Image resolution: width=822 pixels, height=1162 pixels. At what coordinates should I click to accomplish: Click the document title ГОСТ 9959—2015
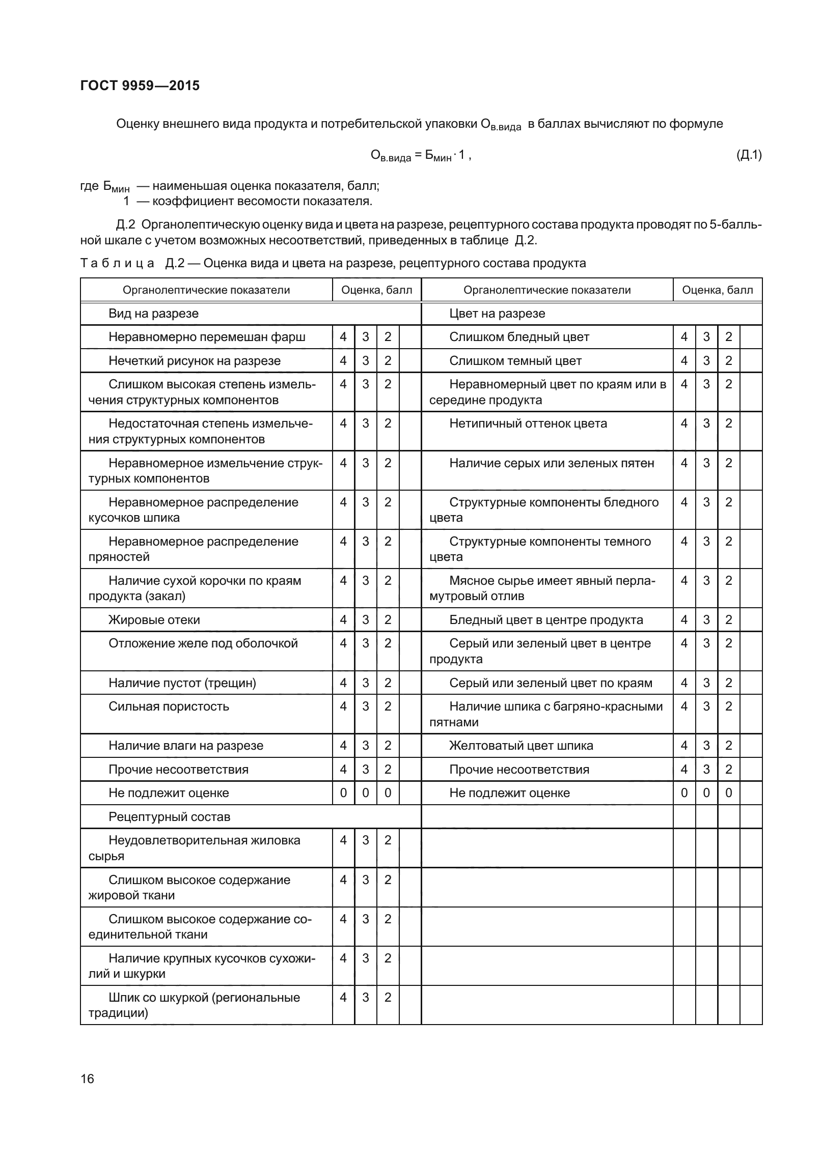140,86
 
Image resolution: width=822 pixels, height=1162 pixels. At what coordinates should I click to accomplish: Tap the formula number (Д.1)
749,155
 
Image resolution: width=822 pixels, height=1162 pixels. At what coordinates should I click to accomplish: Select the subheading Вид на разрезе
153,314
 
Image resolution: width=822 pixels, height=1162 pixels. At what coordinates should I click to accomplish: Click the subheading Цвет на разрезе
497,314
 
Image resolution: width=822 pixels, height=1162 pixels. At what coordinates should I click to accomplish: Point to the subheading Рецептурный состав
169,817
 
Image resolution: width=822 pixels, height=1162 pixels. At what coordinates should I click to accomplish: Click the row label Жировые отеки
154,620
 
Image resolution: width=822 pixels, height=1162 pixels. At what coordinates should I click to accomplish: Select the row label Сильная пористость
169,706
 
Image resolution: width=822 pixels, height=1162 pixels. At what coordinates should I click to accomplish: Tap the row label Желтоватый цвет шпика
521,746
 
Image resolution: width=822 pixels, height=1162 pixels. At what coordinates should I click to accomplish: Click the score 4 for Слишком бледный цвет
684,337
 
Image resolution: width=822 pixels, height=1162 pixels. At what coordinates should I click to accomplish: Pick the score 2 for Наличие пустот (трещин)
388,683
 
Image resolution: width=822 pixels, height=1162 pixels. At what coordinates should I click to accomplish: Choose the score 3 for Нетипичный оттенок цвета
706,423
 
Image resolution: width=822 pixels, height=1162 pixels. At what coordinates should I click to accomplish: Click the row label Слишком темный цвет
515,361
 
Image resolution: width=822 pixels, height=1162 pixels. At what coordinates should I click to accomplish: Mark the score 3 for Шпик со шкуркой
366,998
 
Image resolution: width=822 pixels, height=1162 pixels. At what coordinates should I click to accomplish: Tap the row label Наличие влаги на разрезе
186,746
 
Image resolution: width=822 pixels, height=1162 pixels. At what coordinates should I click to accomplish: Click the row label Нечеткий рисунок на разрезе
194,361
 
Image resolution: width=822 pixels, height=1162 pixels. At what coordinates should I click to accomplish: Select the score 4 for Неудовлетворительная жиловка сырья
343,840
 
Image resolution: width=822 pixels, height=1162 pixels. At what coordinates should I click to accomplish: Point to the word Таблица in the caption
117,263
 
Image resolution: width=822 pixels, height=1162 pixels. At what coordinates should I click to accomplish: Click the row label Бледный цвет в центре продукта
546,620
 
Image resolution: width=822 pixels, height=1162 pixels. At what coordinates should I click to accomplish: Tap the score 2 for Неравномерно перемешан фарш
388,337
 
